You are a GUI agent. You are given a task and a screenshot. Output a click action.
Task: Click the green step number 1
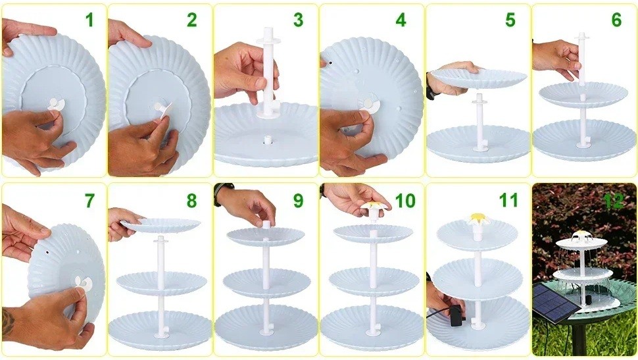click(x=90, y=20)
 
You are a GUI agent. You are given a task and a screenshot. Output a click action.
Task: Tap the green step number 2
click(x=191, y=20)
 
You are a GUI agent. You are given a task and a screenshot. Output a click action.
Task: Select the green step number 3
click(x=298, y=20)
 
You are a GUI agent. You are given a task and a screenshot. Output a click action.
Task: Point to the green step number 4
click(x=401, y=20)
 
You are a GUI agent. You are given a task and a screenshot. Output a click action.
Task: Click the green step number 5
click(x=510, y=20)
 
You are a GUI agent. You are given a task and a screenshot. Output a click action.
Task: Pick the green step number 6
click(x=616, y=20)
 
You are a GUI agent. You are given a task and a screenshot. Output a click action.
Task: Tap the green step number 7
click(x=89, y=201)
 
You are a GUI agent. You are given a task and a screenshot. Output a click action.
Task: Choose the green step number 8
click(x=191, y=201)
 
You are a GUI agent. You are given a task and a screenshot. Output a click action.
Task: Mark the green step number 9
click(x=298, y=201)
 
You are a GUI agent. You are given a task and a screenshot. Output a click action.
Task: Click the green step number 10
click(x=405, y=201)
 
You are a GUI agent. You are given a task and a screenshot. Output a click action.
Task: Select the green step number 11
click(x=508, y=201)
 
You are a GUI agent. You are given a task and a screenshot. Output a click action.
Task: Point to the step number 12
click(x=614, y=201)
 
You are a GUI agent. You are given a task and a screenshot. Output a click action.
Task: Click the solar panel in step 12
click(x=554, y=302)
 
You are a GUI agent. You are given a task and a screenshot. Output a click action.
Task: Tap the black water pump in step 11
click(x=456, y=315)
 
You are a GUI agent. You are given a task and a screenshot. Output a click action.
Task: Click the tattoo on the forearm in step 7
click(x=8, y=323)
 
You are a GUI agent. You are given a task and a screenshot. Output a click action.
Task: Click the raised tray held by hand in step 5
click(x=478, y=77)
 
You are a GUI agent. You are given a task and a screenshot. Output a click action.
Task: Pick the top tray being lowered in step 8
click(x=161, y=225)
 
